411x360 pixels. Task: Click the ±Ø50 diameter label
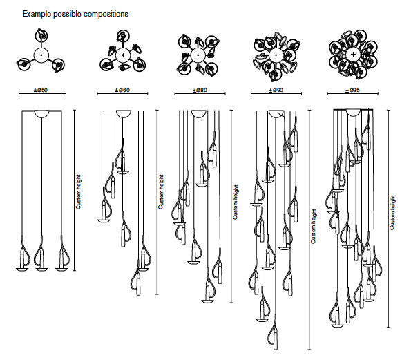pyautogui.click(x=41, y=91)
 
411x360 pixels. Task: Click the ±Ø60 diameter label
pyautogui.click(x=122, y=91)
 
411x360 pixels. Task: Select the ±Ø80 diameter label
pyautogui.click(x=200, y=91)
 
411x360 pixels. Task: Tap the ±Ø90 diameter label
pyautogui.click(x=276, y=91)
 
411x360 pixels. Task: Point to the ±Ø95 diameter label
pyautogui.click(x=352, y=91)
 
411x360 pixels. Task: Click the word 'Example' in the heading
pyautogui.click(x=37, y=14)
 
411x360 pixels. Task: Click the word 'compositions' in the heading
pyautogui.click(x=106, y=14)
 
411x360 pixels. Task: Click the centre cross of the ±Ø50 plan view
pyautogui.click(x=41, y=55)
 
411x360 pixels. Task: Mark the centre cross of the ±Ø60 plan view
pyautogui.click(x=123, y=55)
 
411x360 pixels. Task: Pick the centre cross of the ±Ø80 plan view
pyautogui.click(x=198, y=55)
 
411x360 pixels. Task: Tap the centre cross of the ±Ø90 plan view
pyautogui.click(x=276, y=55)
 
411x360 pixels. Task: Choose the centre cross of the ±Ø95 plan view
pyautogui.click(x=353, y=55)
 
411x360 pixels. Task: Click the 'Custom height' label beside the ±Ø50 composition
pyautogui.click(x=79, y=192)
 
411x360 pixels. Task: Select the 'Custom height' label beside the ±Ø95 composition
pyautogui.click(x=392, y=213)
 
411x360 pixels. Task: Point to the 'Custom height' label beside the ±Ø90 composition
pyautogui.click(x=314, y=226)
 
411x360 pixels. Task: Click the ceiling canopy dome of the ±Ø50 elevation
pyautogui.click(x=41, y=114)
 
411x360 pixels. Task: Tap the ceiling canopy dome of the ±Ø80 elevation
pyautogui.click(x=199, y=114)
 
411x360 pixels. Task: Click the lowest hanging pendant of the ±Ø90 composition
pyautogui.click(x=273, y=333)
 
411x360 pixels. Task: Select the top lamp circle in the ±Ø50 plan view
pyautogui.click(x=41, y=35)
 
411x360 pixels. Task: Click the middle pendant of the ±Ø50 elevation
pyautogui.click(x=41, y=254)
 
